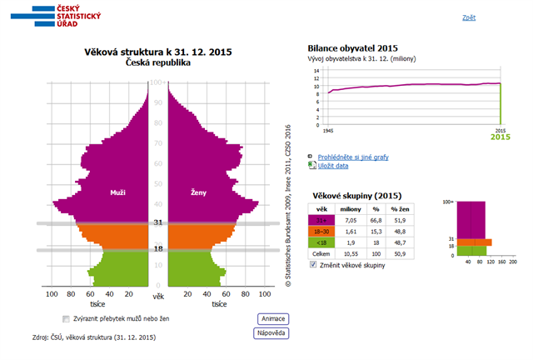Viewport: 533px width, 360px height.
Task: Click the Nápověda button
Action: tap(270, 333)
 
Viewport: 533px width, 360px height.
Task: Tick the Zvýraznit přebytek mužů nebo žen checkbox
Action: tap(66, 318)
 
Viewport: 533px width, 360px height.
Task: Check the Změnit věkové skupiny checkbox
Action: tap(313, 264)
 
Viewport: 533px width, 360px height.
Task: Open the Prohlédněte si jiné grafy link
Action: tap(352, 157)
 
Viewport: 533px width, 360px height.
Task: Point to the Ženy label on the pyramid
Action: tap(199, 192)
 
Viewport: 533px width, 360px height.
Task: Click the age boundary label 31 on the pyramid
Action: tap(157, 222)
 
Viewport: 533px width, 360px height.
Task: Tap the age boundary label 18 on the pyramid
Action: tap(157, 249)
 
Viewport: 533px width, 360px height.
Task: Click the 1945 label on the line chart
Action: tap(328, 131)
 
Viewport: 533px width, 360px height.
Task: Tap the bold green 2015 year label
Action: tap(500, 137)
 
